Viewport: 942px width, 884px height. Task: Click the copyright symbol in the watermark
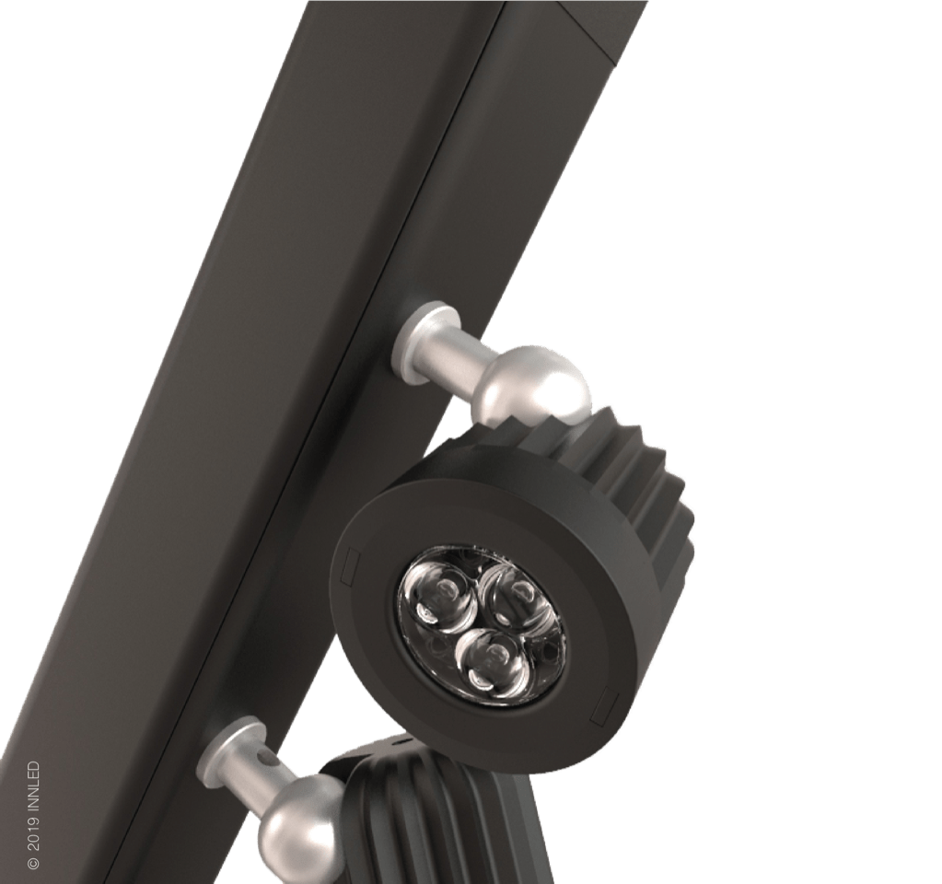34,863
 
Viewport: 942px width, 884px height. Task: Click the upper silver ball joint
537,382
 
